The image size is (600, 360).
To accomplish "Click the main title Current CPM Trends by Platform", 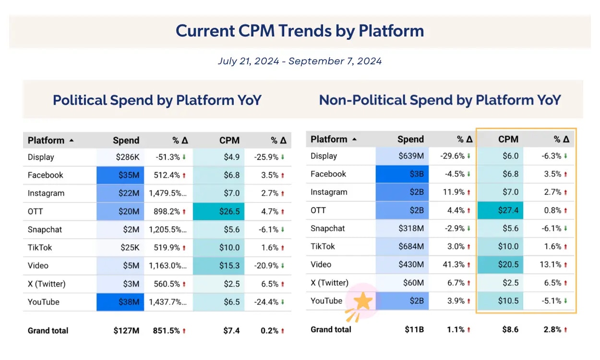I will coord(300,31).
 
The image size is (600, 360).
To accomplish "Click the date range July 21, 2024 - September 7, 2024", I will coord(300,61).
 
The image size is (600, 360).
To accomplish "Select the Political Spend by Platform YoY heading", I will coord(157,100).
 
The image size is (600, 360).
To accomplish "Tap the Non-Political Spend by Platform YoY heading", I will coord(440,100).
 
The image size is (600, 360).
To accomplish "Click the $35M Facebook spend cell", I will coord(120,175).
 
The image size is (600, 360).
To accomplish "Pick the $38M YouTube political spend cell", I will coord(120,302).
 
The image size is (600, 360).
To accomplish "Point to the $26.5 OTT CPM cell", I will coord(219,212).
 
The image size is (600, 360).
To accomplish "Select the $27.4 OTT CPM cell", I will coord(501,210).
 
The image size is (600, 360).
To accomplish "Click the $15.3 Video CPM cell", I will coord(219,265).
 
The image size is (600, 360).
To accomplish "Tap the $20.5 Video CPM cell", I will coord(501,264).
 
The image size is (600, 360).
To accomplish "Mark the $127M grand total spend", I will coord(126,330).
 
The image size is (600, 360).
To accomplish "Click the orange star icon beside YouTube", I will coord(363,302).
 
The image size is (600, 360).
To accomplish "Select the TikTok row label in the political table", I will coord(40,248).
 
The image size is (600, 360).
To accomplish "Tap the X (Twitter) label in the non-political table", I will coord(329,283).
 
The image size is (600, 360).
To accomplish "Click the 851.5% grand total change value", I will coord(166,330).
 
